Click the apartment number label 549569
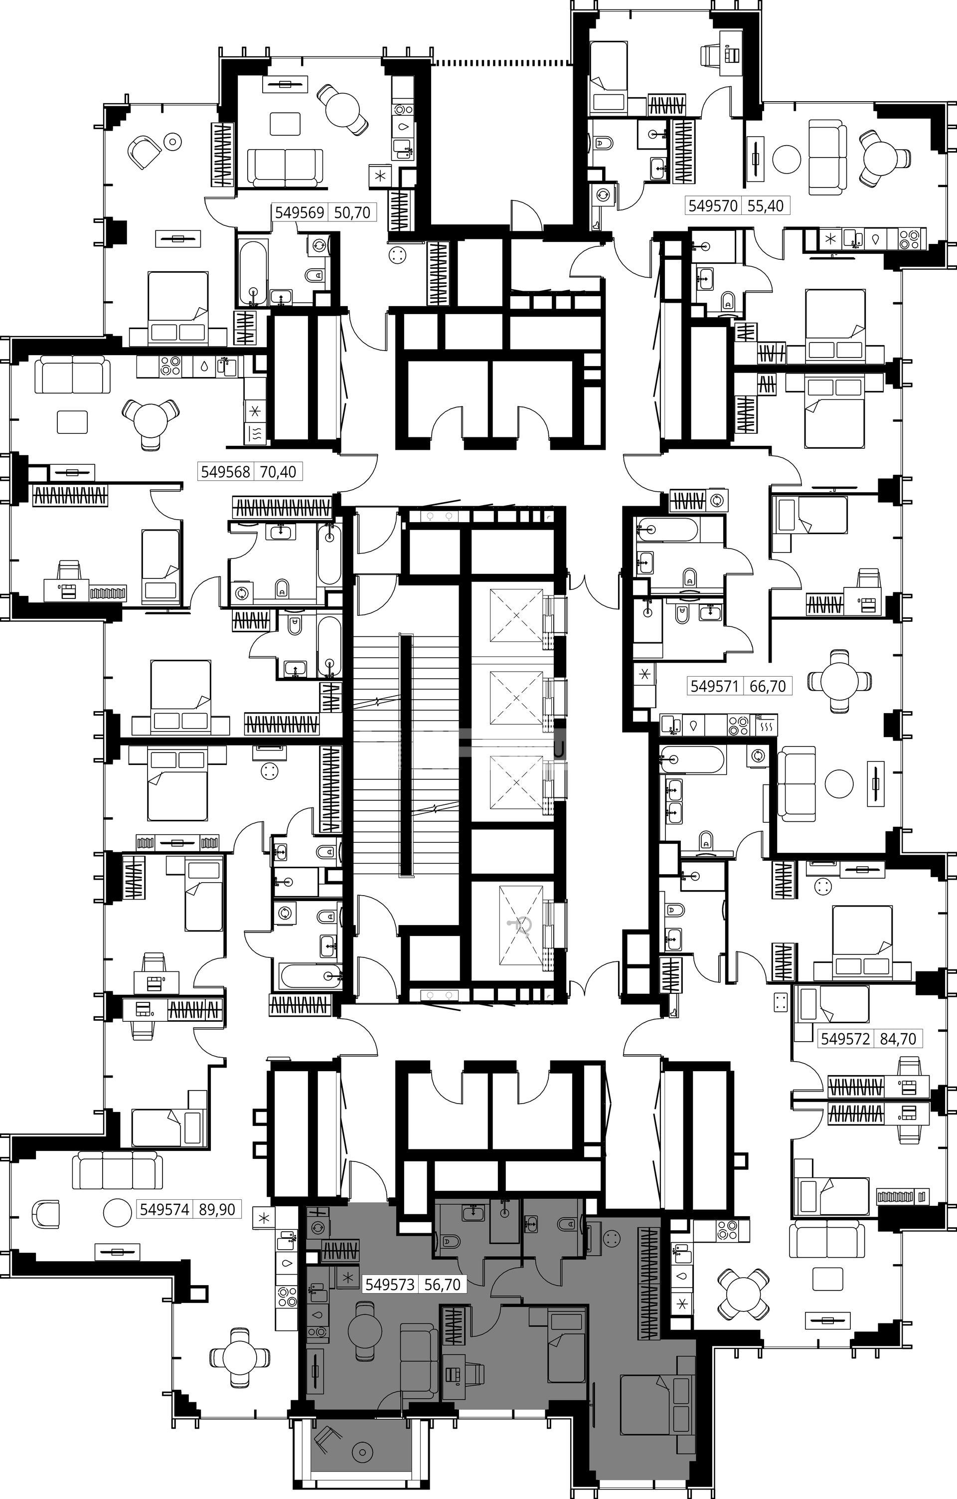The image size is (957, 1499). [300, 212]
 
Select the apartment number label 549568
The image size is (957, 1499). [225, 471]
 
